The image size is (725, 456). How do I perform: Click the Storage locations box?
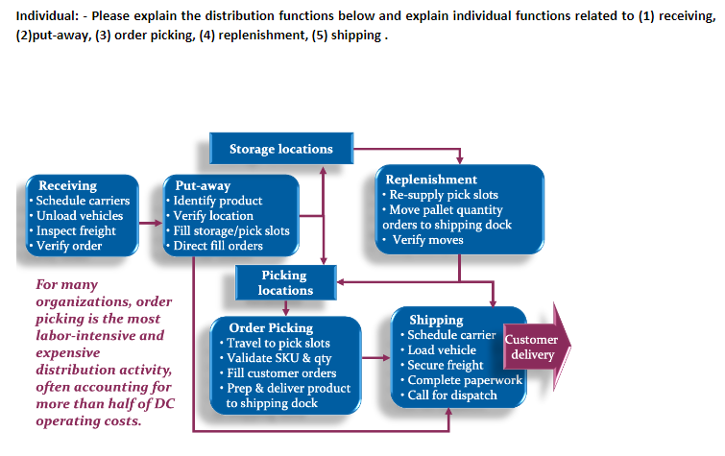pyautogui.click(x=280, y=149)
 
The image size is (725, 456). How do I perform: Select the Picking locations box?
pyautogui.click(x=285, y=282)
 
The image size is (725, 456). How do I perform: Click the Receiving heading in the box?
pyautogui.click(x=67, y=185)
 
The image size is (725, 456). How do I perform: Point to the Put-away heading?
pyautogui.click(x=203, y=185)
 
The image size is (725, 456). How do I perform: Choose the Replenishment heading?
pyautogui.click(x=431, y=180)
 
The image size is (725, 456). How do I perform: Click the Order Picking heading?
pyautogui.click(x=271, y=327)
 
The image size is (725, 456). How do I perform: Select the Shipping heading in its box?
pyautogui.click(x=436, y=320)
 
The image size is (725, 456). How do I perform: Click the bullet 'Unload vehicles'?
pyautogui.click(x=80, y=215)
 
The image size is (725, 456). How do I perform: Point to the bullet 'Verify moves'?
pyautogui.click(x=427, y=239)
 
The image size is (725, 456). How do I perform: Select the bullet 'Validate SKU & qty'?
pyautogui.click(x=278, y=358)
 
